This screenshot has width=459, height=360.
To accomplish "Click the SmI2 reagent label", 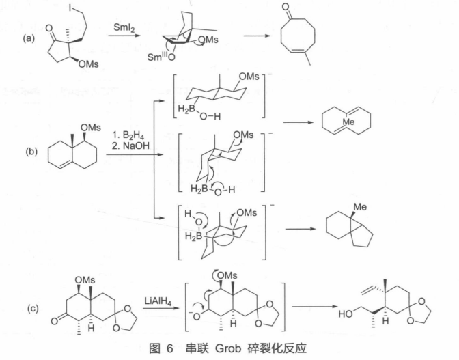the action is (x=124, y=28).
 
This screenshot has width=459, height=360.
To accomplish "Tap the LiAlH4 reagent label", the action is (x=158, y=301).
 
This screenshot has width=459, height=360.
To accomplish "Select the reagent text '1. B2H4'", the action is (x=128, y=135).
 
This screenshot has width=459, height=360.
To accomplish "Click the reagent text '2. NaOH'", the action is (x=130, y=146).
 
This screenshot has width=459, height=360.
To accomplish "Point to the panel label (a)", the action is (x=29, y=38).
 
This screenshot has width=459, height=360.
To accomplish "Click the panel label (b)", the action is (x=31, y=152).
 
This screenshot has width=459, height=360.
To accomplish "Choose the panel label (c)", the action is (x=33, y=309).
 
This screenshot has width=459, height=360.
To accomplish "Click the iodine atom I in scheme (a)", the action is (x=70, y=8).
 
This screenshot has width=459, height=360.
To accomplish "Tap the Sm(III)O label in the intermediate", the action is (x=161, y=57).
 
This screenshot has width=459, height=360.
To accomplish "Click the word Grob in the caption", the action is (x=228, y=348).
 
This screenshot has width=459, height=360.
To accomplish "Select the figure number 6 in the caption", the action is (x=170, y=349).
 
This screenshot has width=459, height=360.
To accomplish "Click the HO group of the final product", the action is (x=346, y=314).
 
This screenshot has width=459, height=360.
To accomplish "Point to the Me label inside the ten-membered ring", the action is (x=348, y=122).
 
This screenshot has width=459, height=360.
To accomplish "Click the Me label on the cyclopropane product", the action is (x=360, y=207).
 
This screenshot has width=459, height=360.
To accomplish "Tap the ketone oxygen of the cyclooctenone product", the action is (x=286, y=7).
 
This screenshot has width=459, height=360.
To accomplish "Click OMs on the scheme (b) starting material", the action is (x=90, y=128).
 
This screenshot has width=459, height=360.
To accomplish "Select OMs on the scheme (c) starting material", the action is (x=85, y=280).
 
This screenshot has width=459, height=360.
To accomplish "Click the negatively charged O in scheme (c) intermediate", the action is (x=196, y=316).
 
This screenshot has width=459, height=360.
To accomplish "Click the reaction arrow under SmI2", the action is (x=124, y=36).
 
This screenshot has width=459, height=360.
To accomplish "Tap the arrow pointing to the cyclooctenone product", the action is (x=257, y=36).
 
